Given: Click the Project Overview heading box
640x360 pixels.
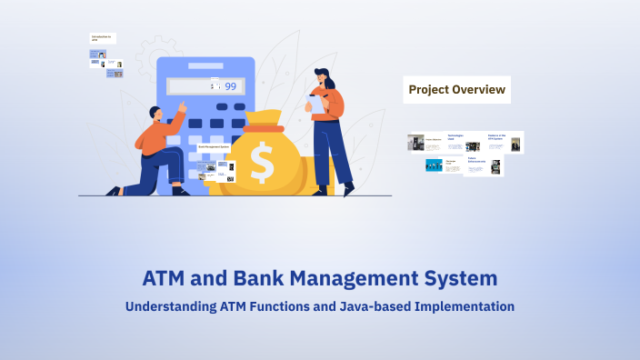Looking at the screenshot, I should pyautogui.click(x=455, y=89).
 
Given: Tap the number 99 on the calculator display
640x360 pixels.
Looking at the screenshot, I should pyautogui.click(x=230, y=86).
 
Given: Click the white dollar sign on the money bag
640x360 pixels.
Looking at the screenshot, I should pyautogui.click(x=263, y=163).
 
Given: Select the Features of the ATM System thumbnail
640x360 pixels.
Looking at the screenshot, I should pyautogui.click(x=505, y=142).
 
